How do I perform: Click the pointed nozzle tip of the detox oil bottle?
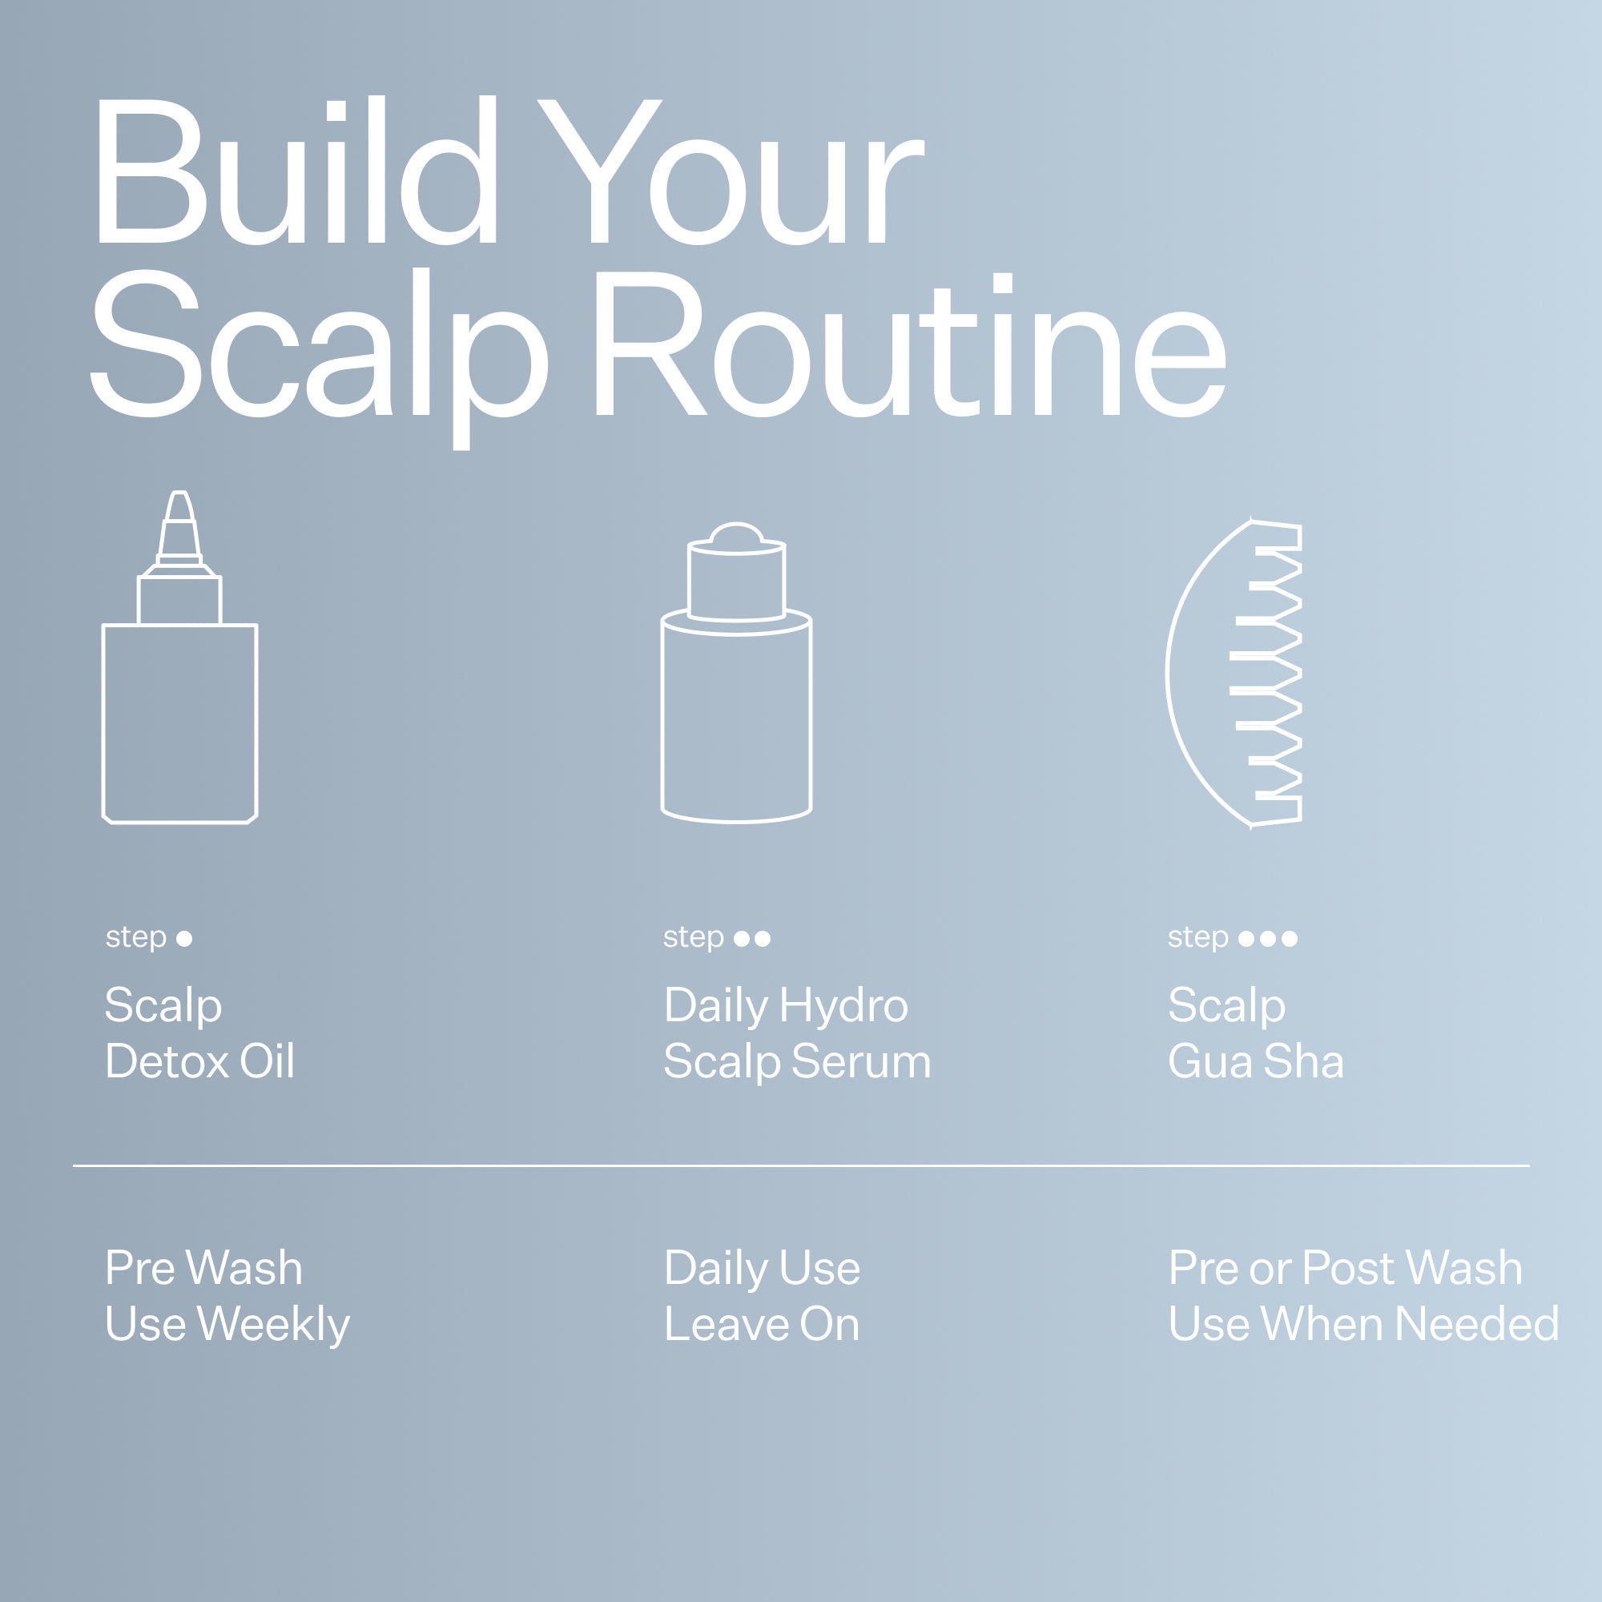179,508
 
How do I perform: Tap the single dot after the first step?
185,939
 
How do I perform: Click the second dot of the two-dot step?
763,939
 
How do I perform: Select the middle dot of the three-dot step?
1268,939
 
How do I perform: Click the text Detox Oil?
199,1061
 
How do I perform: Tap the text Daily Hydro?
785,1006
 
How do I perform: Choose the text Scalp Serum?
797,1061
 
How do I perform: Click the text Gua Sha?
1254,1061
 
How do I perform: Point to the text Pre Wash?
204,1269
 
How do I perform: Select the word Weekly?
274,1324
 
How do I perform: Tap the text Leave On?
761,1324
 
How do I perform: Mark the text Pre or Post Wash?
1344,1269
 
